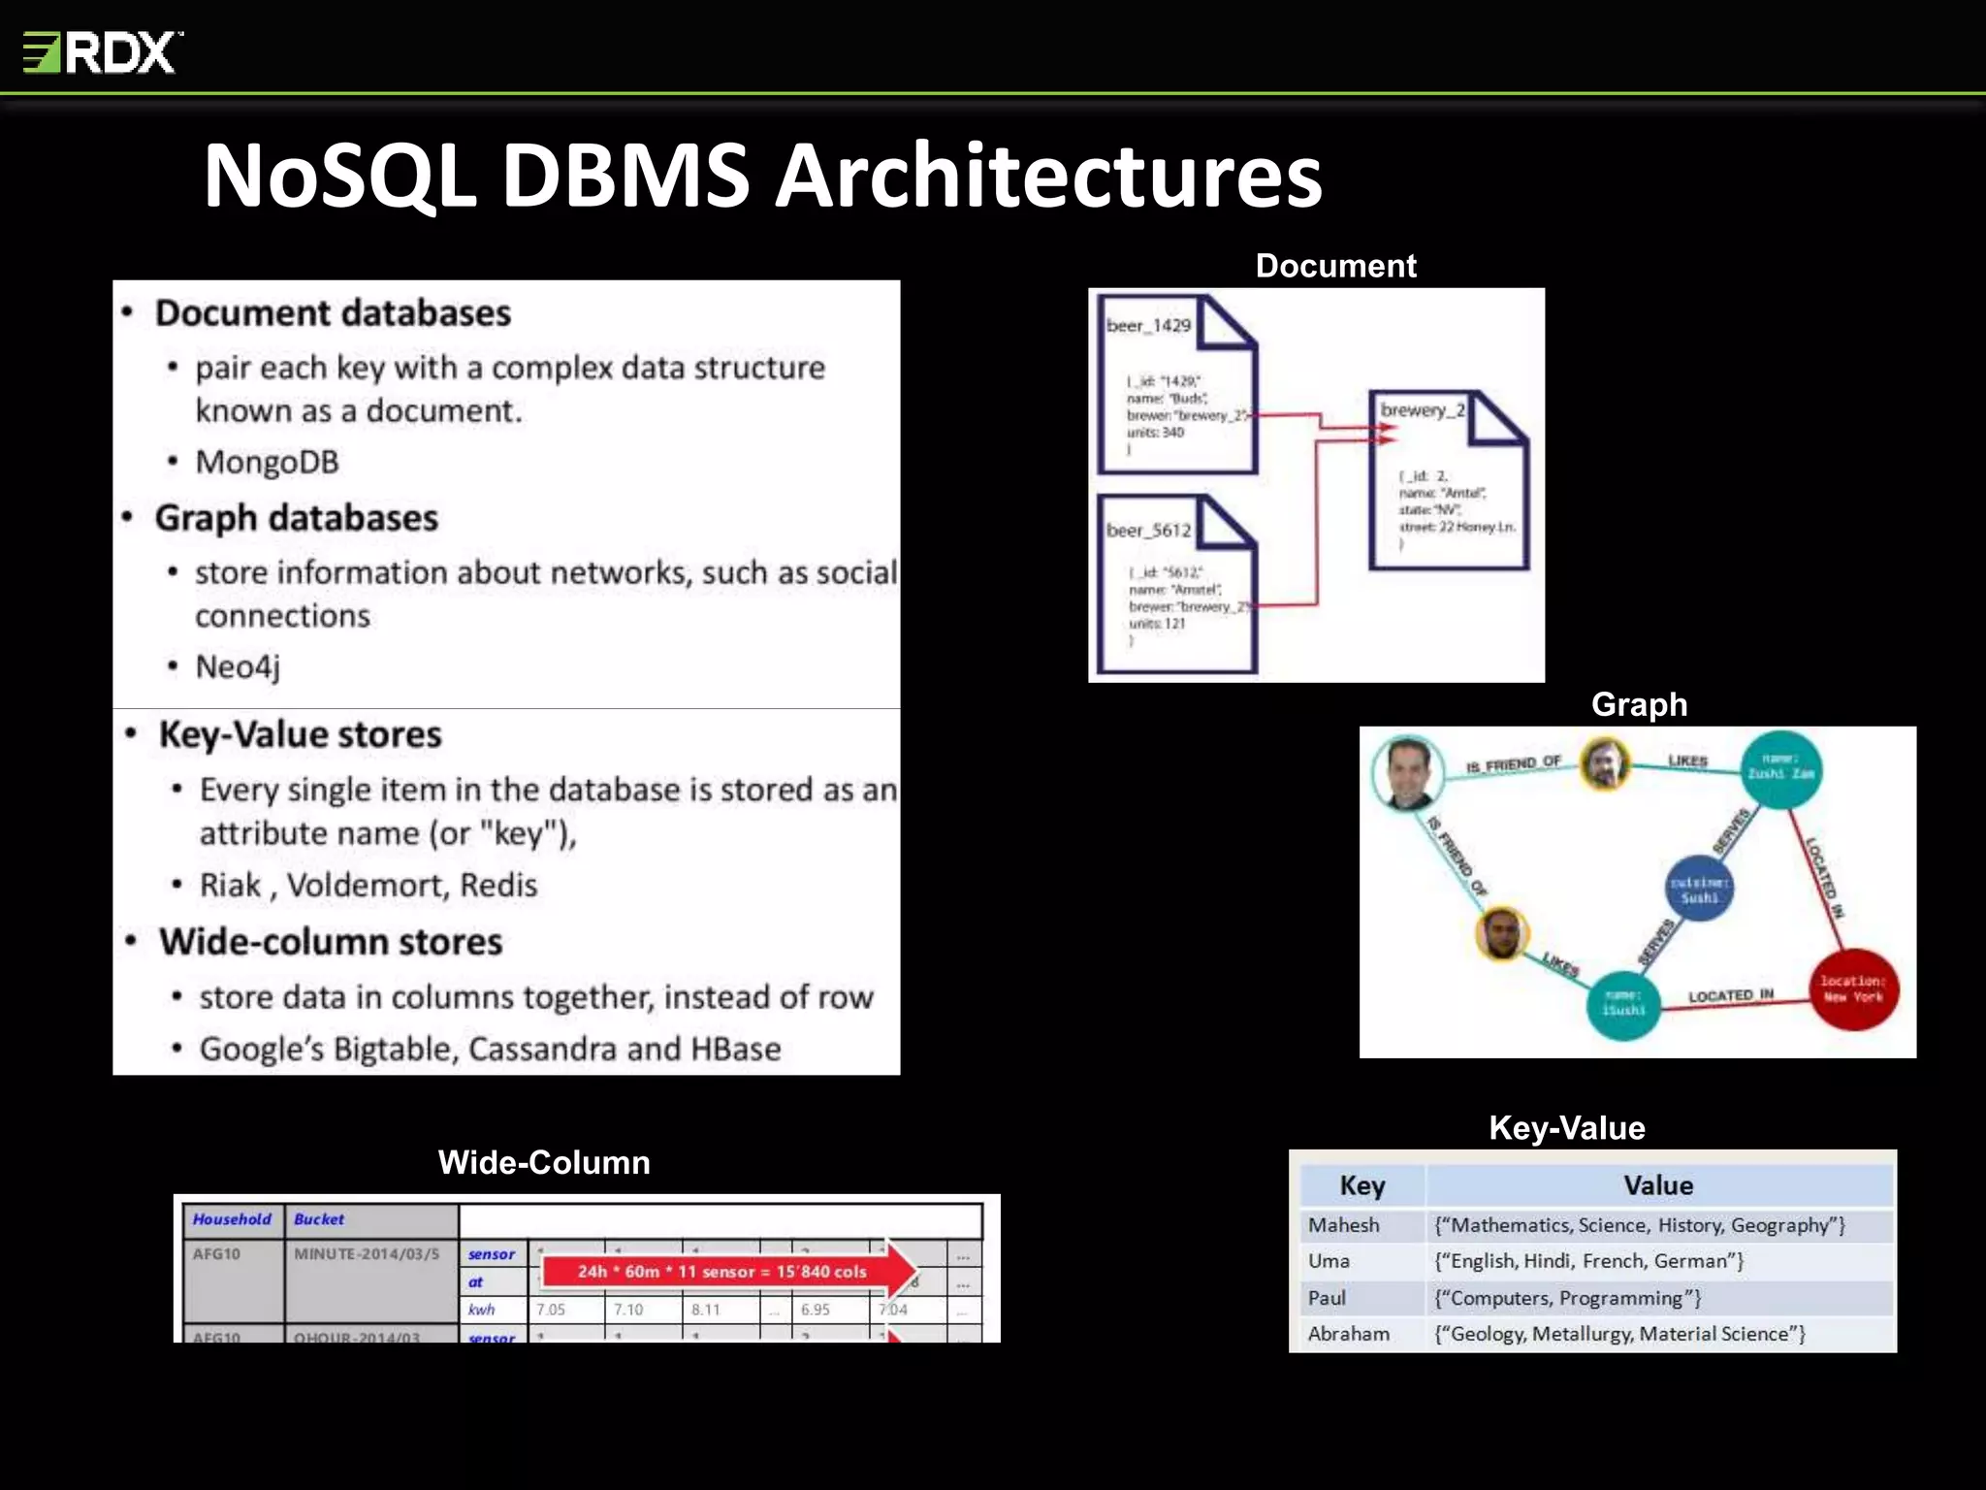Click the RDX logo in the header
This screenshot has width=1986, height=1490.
pyautogui.click(x=103, y=51)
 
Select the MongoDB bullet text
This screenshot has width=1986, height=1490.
pyautogui.click(x=267, y=462)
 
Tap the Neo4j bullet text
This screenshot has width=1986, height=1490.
pyautogui.click(x=238, y=667)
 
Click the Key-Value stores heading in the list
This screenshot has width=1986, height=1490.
pyautogui.click(x=300, y=734)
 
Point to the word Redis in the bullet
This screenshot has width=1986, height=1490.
pyautogui.click(x=497, y=885)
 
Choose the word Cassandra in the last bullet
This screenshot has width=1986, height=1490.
pyautogui.click(x=543, y=1049)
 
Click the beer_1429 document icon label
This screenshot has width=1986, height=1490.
pyautogui.click(x=1148, y=326)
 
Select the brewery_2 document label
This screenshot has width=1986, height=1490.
pyautogui.click(x=1422, y=410)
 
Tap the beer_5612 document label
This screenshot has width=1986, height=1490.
pyautogui.click(x=1148, y=531)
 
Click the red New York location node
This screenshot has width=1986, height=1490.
pyautogui.click(x=1853, y=989)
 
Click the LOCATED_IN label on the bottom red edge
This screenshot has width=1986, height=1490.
pyautogui.click(x=1731, y=996)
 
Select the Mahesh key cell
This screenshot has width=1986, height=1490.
pyautogui.click(x=1343, y=1225)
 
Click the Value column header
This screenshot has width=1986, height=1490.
pyautogui.click(x=1658, y=1185)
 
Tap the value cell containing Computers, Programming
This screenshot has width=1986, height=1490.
pyautogui.click(x=1567, y=1298)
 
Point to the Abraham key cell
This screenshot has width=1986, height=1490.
pyautogui.click(x=1348, y=1334)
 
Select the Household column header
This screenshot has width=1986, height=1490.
pyautogui.click(x=232, y=1219)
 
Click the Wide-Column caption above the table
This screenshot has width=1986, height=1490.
pyautogui.click(x=544, y=1162)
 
